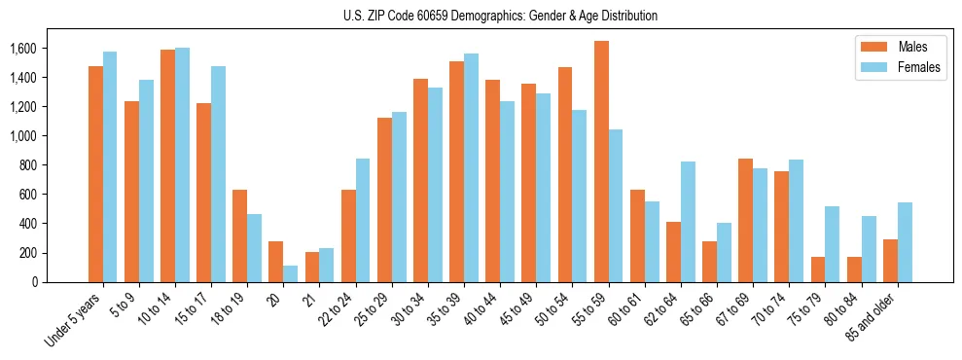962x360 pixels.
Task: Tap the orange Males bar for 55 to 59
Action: click(601, 162)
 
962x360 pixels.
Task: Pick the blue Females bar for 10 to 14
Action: click(183, 164)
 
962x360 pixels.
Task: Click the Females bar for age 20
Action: click(291, 273)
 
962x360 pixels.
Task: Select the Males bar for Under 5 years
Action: click(95, 174)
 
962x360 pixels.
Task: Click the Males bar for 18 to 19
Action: click(240, 235)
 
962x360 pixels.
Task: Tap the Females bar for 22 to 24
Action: click(363, 220)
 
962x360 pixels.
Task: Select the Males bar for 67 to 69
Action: click(745, 220)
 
